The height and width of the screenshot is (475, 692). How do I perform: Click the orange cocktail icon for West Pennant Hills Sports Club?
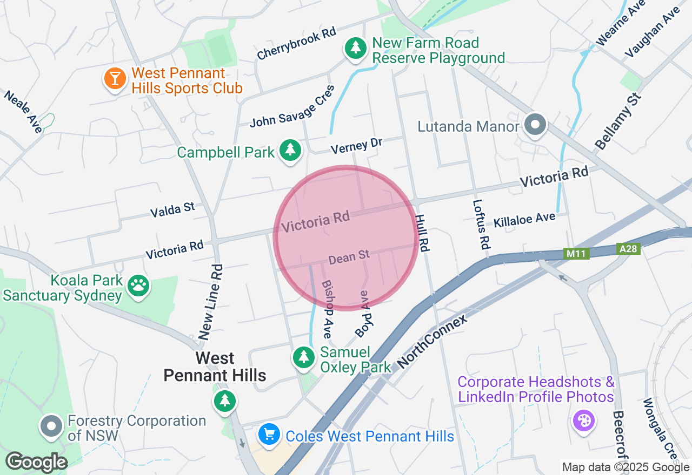click(x=114, y=79)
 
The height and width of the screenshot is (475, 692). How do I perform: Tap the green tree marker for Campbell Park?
click(x=290, y=151)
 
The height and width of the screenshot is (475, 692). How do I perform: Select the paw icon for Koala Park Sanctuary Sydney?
click(x=139, y=287)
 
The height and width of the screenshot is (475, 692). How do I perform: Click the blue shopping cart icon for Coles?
click(x=269, y=435)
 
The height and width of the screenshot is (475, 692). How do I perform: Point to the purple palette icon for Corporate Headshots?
click(x=583, y=420)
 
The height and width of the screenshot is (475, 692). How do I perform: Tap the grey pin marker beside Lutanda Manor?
click(x=535, y=125)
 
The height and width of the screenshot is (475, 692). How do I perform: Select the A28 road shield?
click(x=628, y=249)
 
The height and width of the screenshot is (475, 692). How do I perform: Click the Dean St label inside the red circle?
click(x=349, y=257)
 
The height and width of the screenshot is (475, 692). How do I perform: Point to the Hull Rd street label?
click(x=422, y=233)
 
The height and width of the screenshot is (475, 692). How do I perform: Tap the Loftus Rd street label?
click(x=481, y=225)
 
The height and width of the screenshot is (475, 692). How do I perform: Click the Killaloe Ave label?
click(x=524, y=220)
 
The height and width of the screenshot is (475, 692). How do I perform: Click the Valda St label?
click(x=172, y=209)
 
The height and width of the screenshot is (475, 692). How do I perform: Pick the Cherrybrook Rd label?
click(x=296, y=44)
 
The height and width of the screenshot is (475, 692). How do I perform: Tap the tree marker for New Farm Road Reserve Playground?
click(x=355, y=49)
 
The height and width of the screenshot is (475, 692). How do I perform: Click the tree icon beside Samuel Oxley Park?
click(x=303, y=358)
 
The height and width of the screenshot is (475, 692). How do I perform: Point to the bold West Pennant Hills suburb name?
click(x=215, y=367)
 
